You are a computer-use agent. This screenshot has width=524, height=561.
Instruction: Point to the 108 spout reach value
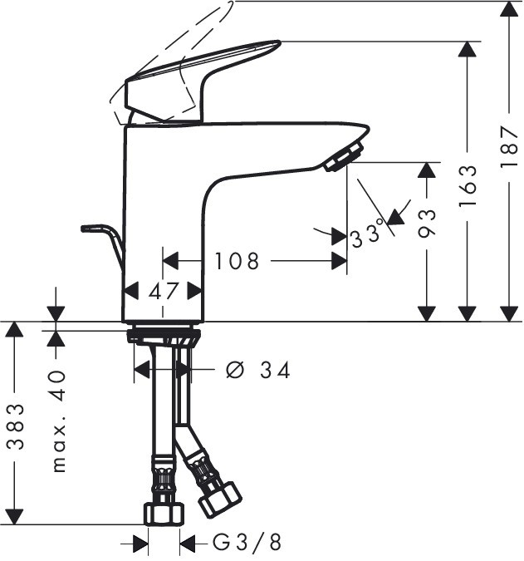coord(237,262)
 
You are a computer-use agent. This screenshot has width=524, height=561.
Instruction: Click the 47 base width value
coord(163,291)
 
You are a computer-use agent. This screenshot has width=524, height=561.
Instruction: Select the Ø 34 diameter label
coord(258,370)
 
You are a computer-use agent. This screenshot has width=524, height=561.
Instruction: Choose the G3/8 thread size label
coord(247,544)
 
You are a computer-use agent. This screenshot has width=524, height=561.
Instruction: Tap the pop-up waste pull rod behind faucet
coord(104,236)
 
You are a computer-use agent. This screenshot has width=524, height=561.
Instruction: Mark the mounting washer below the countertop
coord(163,337)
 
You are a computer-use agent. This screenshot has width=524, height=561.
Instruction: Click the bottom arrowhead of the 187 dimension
coord(510,312)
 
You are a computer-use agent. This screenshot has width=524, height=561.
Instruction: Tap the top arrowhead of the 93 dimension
coord(427,170)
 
